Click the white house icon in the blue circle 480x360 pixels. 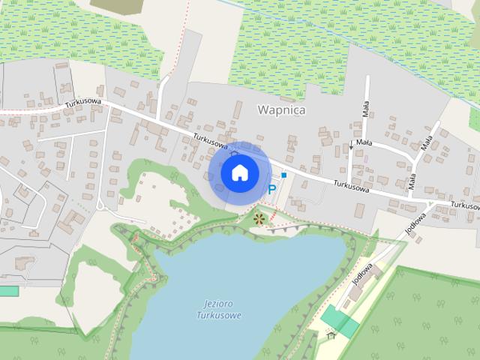pos(238,173)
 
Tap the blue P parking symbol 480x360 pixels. pos(271,190)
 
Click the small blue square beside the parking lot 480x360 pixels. pos(284,175)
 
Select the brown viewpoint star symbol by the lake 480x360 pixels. pos(259,219)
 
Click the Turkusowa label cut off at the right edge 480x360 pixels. pos(465,205)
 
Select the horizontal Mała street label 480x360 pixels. pos(364,141)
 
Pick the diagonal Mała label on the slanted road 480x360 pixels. pos(427,143)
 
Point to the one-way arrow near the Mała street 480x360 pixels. pos(350,145)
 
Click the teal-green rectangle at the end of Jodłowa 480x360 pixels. pos(340,320)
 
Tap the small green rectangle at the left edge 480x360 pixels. pos(8,290)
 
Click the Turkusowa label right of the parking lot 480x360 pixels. pos(352,185)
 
